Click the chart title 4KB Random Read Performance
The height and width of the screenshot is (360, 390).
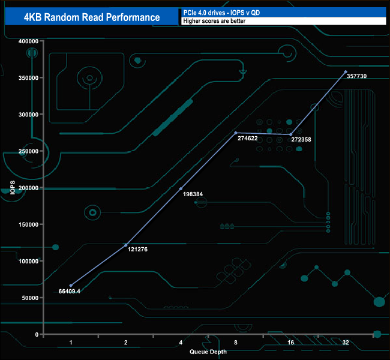tap(92, 17)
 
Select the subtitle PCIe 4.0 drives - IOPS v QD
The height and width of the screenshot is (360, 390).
tap(222, 12)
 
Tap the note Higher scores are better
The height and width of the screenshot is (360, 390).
tap(209, 21)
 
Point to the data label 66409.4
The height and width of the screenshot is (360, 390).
tap(70, 291)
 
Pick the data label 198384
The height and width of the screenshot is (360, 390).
tap(193, 195)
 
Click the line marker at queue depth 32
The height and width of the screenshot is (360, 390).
tap(346, 72)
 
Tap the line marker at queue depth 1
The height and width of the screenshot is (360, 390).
tap(71, 286)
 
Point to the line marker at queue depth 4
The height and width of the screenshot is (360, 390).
tap(181, 189)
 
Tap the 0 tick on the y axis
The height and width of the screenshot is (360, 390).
tap(37, 334)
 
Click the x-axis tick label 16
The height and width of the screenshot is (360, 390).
tap(290, 343)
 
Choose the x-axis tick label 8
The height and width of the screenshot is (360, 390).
tap(236, 343)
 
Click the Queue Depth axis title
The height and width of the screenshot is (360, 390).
tap(208, 351)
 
